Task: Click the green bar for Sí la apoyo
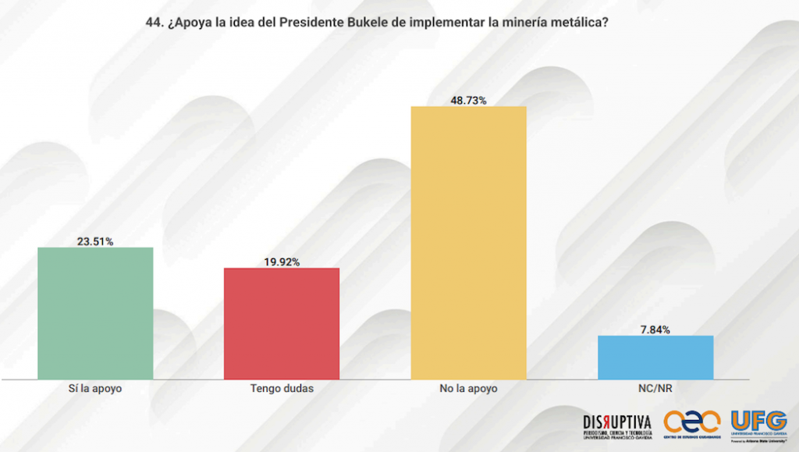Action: pyautogui.click(x=95, y=313)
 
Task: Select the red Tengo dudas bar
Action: pyautogui.click(x=282, y=323)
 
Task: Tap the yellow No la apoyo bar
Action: pyautogui.click(x=469, y=243)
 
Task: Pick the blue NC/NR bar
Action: pyautogui.click(x=655, y=358)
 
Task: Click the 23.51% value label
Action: pyautogui.click(x=95, y=241)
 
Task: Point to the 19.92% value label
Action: pyautogui.click(x=282, y=262)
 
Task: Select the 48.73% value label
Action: pyautogui.click(x=468, y=100)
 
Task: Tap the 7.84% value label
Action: pyautogui.click(x=655, y=329)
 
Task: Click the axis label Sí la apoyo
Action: pyautogui.click(x=95, y=388)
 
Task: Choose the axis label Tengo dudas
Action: pyautogui.click(x=282, y=388)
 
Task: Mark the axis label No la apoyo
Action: pyautogui.click(x=469, y=388)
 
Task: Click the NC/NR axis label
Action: pyautogui.click(x=655, y=388)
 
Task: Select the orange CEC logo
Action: pyautogui.click(x=691, y=423)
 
